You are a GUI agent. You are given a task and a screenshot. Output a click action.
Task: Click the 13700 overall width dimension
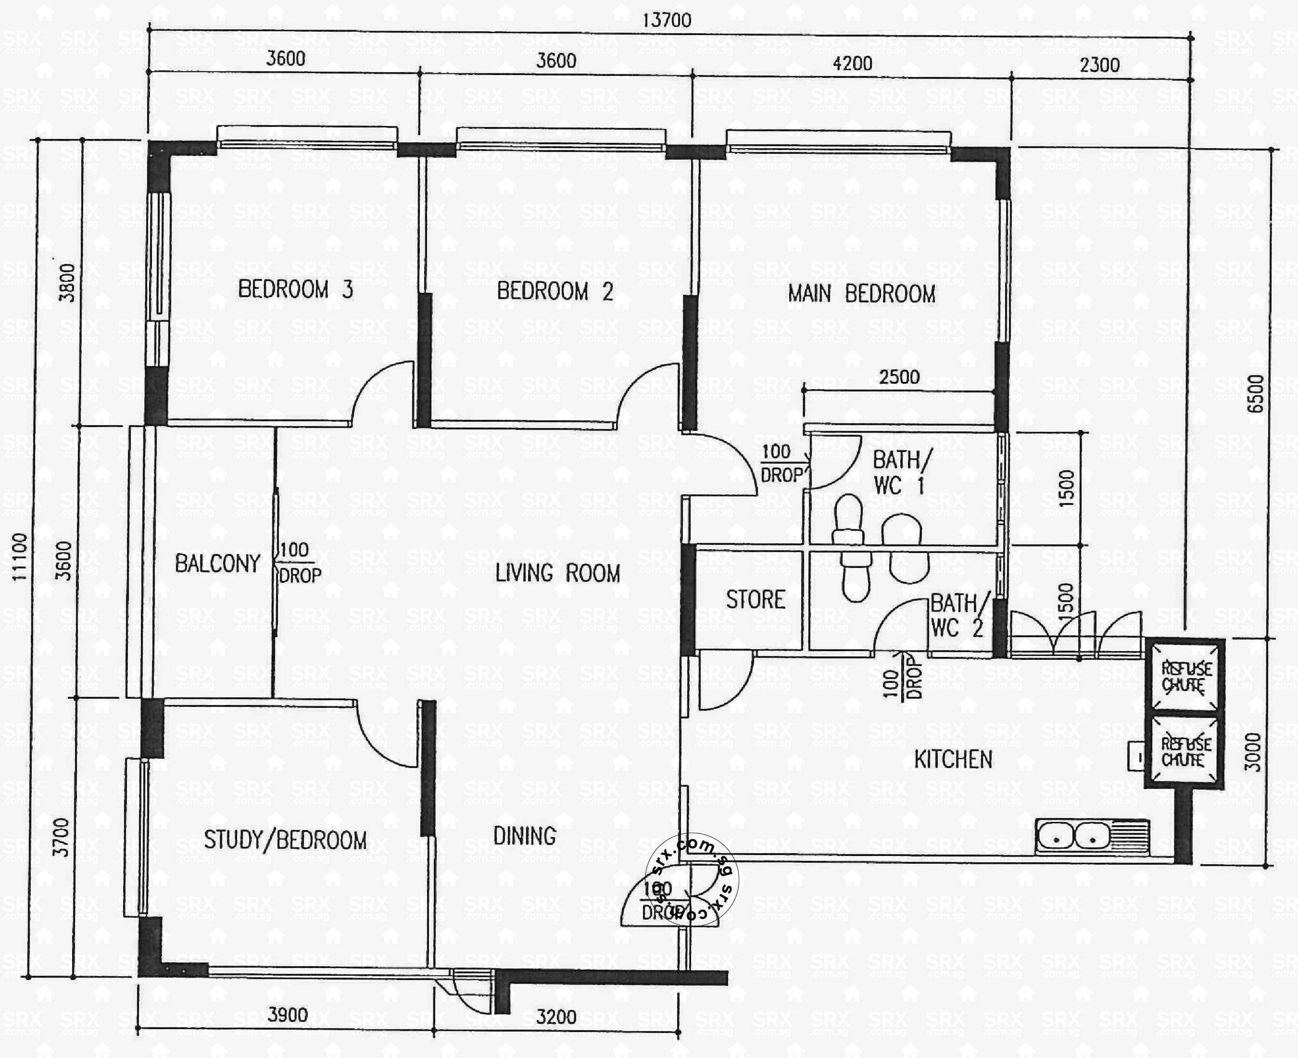pyautogui.click(x=667, y=20)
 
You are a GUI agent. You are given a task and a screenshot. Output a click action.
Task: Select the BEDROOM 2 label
pyautogui.click(x=554, y=291)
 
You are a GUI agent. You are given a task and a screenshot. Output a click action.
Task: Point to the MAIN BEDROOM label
pyautogui.click(x=861, y=294)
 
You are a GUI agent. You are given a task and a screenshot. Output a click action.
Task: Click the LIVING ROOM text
pyautogui.click(x=557, y=573)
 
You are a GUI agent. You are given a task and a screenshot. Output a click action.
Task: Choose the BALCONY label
pyautogui.click(x=217, y=563)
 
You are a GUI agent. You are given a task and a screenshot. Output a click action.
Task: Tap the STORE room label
pyautogui.click(x=755, y=600)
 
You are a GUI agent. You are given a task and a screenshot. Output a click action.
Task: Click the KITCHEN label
pyautogui.click(x=953, y=759)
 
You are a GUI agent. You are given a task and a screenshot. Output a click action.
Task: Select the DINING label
pyautogui.click(x=524, y=835)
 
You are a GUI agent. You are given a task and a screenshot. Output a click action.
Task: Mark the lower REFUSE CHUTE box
pyautogui.click(x=1184, y=752)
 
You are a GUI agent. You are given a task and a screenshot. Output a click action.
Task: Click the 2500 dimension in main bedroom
pyautogui.click(x=899, y=377)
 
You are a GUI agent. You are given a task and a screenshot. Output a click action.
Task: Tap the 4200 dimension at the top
pyautogui.click(x=852, y=63)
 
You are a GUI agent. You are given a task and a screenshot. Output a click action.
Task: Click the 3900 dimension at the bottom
pyautogui.click(x=288, y=1015)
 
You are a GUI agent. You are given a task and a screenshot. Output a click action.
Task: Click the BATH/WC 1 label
pyautogui.click(x=901, y=472)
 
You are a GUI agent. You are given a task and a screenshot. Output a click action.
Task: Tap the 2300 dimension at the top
pyautogui.click(x=1099, y=64)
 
